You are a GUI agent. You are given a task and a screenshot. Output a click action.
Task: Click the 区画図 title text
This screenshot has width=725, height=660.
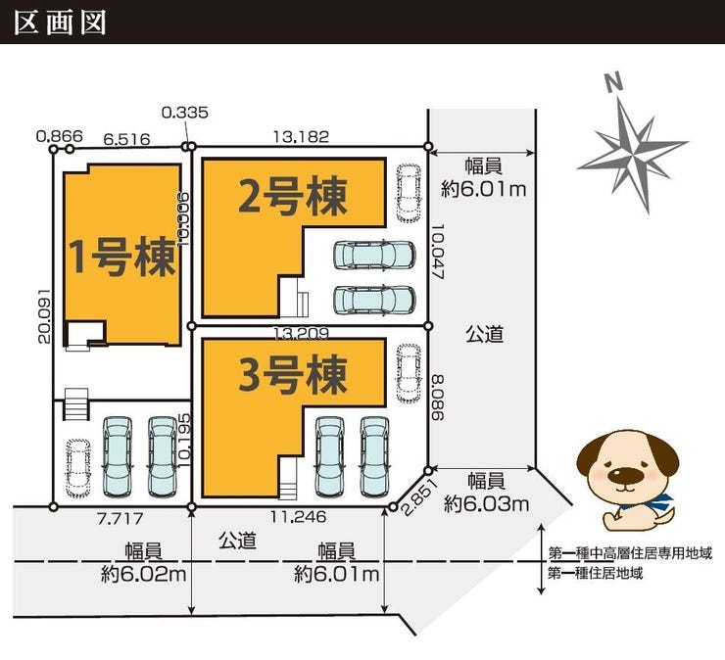coord(60,23)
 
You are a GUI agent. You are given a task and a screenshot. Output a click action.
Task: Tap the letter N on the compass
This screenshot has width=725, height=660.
coord(613,83)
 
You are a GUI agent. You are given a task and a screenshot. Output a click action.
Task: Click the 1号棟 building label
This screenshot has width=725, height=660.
coord(122,257)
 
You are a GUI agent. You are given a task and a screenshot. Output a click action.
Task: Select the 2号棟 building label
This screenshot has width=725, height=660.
coord(293,197)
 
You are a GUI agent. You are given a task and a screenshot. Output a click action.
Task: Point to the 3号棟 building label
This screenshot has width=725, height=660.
coord(293,375)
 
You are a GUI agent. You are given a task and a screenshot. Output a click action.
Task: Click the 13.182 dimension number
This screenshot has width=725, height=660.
coord(301,136)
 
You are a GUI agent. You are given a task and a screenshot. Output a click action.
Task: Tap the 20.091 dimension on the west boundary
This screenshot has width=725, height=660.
coord(43,316)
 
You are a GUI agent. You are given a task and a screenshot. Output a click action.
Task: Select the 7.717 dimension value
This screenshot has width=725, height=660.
coord(121,518)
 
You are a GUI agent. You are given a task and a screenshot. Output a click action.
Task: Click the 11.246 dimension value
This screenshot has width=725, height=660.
coord(298,516)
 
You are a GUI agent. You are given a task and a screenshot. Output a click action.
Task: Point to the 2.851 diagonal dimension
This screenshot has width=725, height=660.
coord(419,496)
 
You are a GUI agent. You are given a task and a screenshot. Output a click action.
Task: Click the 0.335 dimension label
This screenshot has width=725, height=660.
coord(185,113)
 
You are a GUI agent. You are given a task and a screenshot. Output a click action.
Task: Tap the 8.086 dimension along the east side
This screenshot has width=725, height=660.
coord(437,397)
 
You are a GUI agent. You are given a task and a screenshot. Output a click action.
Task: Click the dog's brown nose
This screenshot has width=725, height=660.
coord(623,474)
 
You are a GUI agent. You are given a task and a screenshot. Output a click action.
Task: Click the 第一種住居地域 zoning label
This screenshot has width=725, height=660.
coord(596,574)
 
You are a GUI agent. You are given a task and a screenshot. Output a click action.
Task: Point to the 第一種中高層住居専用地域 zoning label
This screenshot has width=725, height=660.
coord(630,552)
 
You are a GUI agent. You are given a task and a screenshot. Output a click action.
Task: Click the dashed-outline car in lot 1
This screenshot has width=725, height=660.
coord(77,468)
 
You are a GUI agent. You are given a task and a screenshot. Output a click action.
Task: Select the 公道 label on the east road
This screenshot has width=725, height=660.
coord(484,334)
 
